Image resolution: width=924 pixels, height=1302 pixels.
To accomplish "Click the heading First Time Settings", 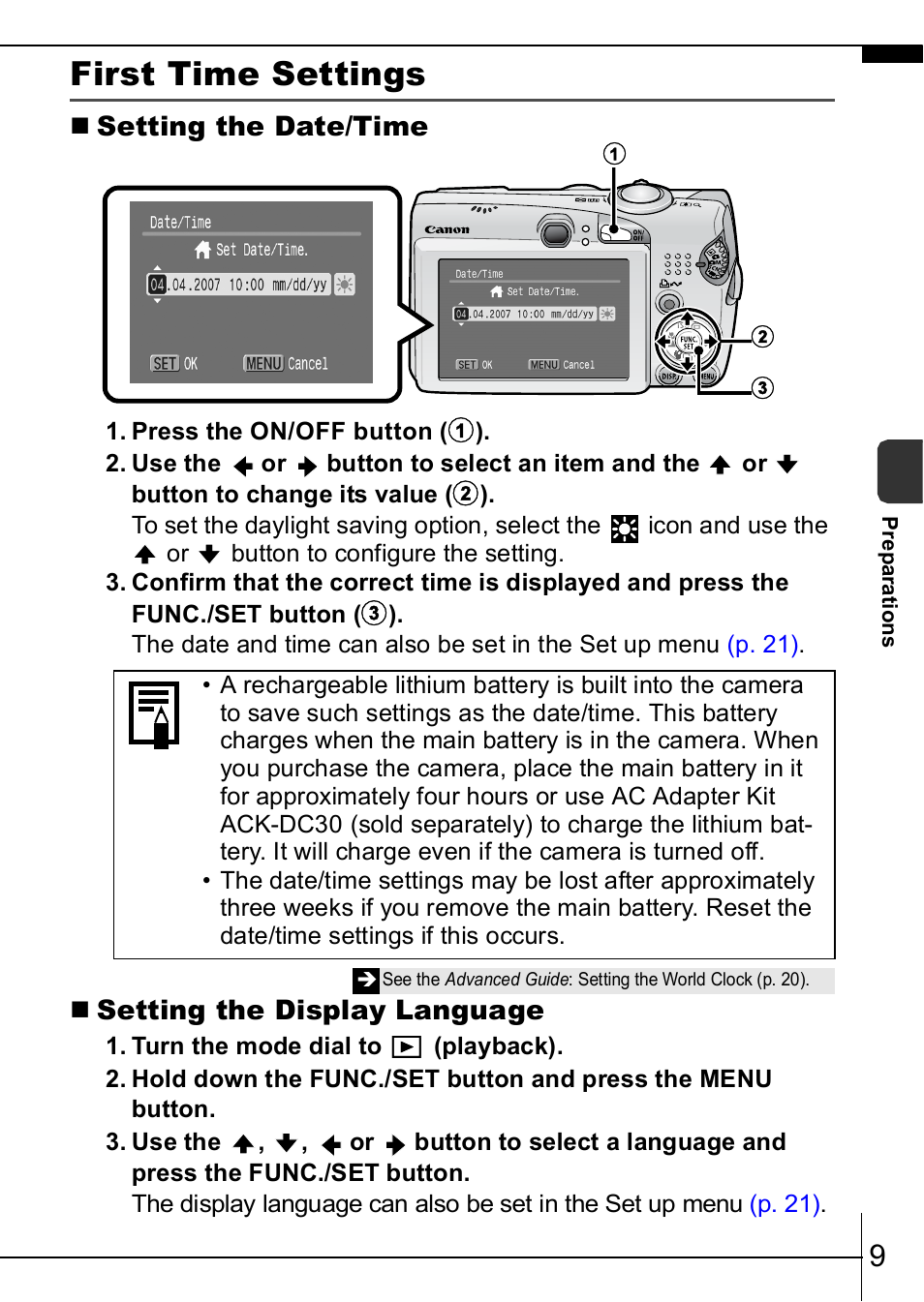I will pos(248,75).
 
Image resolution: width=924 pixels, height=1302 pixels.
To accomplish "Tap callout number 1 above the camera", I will pos(614,154).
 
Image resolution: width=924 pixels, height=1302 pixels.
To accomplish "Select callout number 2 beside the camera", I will pos(763,336).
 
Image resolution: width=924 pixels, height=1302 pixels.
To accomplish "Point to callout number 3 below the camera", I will pos(763,388).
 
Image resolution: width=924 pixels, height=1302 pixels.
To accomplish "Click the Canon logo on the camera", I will pos(447,230).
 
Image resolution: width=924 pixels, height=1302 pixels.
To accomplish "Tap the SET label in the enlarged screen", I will pos(165,364).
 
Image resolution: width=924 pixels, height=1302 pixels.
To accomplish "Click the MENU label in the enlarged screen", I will pos(263,364).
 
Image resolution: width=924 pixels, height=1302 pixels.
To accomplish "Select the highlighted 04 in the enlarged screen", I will pos(157,285).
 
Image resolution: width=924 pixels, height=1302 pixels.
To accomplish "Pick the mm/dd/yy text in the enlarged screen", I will pos(299,285).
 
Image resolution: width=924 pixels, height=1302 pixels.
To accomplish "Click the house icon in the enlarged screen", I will pos(202,250).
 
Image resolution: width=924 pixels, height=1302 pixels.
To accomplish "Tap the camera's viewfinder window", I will pos(555,232).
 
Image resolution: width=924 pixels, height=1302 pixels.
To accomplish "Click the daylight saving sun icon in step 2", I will pos(625,528).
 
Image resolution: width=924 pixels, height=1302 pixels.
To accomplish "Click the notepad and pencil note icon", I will pos(154,714).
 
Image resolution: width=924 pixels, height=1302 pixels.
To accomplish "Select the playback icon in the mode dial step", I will pos(407,1046).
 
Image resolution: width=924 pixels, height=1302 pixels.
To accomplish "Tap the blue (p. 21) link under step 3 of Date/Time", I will pos(763,645).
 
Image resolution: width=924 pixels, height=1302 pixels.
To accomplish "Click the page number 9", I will pos(878,1256).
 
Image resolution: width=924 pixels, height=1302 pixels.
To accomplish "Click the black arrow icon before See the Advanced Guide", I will pos(366,980).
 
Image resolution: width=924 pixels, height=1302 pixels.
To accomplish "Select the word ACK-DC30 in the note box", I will pos(281,825).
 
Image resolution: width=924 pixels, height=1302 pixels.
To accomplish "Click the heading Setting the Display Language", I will pos(320,1011).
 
